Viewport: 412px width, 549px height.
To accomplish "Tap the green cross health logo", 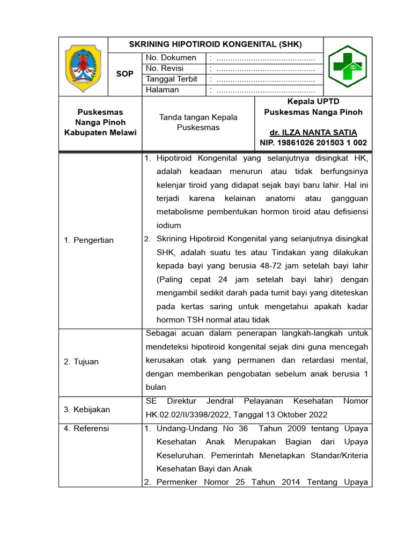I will (348, 66).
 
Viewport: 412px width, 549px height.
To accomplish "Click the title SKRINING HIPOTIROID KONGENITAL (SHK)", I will (216, 44).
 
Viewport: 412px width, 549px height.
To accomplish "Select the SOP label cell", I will (125, 74).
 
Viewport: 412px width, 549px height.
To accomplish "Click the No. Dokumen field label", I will (171, 58).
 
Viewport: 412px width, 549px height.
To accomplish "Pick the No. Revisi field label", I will (165, 69).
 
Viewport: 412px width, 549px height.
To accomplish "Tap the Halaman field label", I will (163, 90).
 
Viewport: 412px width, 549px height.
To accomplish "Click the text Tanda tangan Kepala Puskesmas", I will (198, 122).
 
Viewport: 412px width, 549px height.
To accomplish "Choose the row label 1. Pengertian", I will (89, 240).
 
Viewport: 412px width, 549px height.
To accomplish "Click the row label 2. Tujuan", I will (81, 362).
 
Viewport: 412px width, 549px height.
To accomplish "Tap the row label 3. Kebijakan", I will (86, 410).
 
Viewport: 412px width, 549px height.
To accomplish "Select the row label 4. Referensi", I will (86, 428).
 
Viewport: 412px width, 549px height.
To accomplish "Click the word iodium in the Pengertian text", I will (168, 226).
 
